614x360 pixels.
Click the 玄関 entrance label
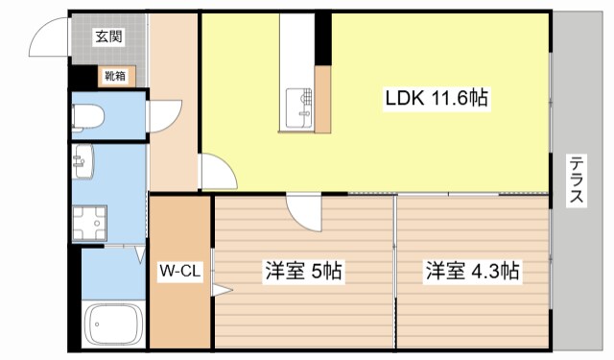point(107,36)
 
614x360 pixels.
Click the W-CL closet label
point(179,272)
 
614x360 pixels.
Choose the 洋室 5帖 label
point(302,272)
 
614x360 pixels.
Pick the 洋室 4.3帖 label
point(473,272)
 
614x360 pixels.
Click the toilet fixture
point(89,117)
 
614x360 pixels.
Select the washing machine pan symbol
point(90,224)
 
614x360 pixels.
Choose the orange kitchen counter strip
point(322,100)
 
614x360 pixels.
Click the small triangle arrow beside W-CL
point(221,288)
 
